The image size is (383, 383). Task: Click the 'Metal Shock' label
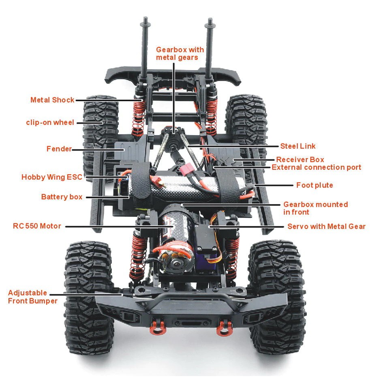[52, 100]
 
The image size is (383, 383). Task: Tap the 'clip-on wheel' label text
[50, 122]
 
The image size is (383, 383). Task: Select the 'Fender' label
[59, 149]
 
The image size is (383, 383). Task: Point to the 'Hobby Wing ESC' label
[51, 177]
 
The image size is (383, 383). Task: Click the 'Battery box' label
[62, 197]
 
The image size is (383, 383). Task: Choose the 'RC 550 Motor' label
[37, 226]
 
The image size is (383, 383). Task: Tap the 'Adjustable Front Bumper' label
[32, 297]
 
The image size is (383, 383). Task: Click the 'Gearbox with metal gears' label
[180, 53]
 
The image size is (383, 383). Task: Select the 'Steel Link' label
[297, 146]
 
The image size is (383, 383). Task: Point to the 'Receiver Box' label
[300, 160]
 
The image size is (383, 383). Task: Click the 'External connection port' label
[316, 167]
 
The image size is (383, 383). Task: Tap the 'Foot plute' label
[315, 185]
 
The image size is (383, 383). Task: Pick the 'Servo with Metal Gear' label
[326, 226]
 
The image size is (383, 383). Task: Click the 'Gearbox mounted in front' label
[315, 208]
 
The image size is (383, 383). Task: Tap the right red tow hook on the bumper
[222, 328]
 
